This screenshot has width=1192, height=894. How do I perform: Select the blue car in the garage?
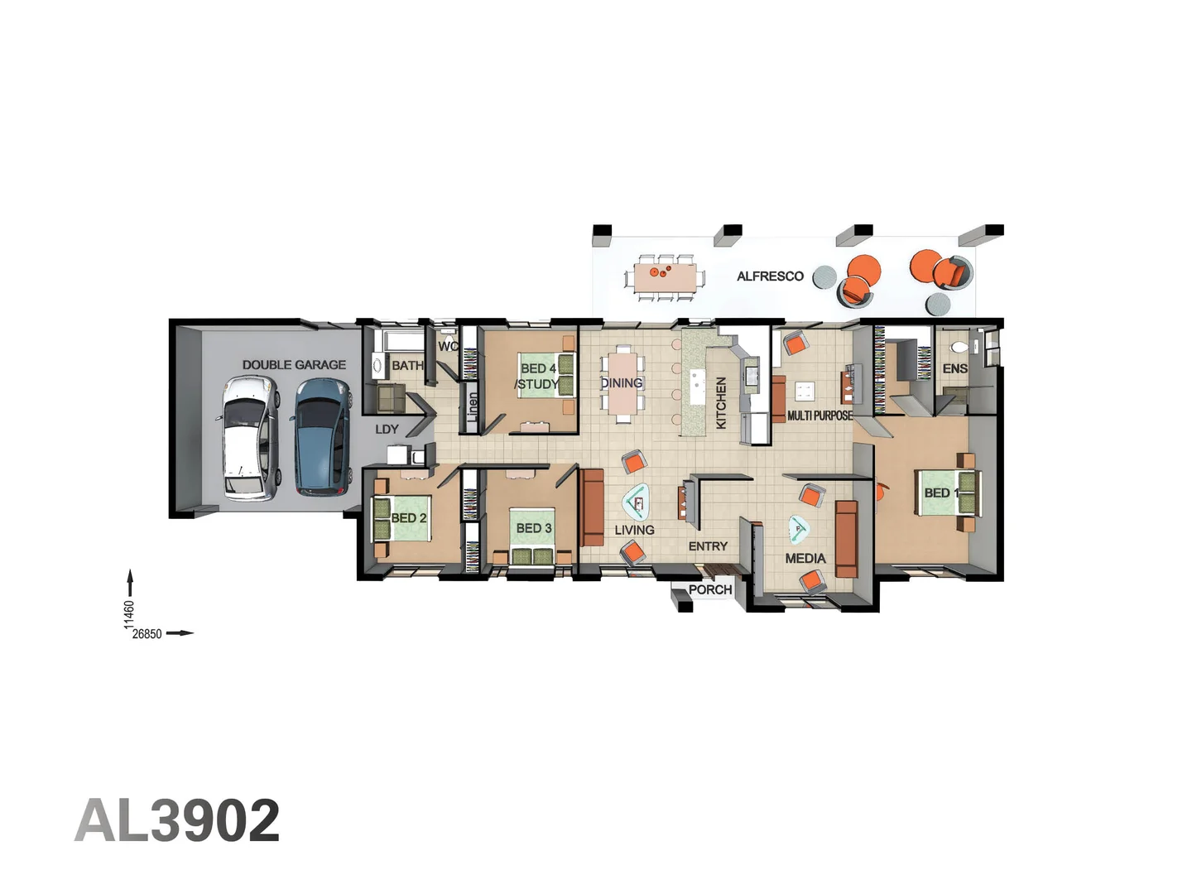coord(322,436)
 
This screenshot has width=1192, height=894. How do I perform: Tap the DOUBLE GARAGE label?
coord(294,364)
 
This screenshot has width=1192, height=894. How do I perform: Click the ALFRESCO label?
coord(770,276)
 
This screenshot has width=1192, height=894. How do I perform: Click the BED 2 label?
coord(409,518)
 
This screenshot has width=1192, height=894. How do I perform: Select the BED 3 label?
coord(533,528)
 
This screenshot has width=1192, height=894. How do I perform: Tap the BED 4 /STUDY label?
coord(537,377)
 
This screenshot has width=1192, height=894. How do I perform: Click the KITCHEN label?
coord(721,403)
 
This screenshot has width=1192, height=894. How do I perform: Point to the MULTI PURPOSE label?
coord(819,416)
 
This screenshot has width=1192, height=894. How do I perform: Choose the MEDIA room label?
coord(805,559)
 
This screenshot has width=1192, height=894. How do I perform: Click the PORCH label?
coord(710,590)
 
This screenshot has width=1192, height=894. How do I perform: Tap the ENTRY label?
coord(708,546)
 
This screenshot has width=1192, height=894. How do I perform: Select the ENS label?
coord(954,368)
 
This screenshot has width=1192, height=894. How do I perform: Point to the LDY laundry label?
coord(387,430)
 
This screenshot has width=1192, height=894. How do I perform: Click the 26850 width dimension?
coord(147,634)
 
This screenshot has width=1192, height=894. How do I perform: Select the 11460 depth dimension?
coord(129,613)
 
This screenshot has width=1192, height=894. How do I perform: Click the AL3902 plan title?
coord(177,821)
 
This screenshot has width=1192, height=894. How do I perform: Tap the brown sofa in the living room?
coord(592,507)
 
